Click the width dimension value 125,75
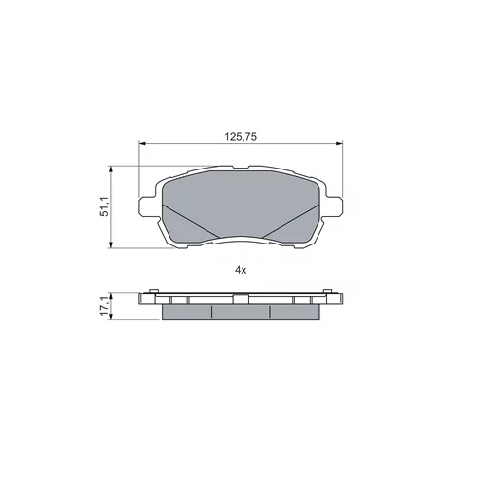point(241,137)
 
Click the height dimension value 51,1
point(105,207)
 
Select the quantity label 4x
point(241,270)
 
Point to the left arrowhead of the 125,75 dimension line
point(142,143)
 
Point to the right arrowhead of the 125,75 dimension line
point(339,143)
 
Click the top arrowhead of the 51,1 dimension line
point(111,169)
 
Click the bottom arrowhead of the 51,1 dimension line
point(111,245)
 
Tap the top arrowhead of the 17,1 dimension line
point(111,296)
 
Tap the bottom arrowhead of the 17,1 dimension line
point(111,317)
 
